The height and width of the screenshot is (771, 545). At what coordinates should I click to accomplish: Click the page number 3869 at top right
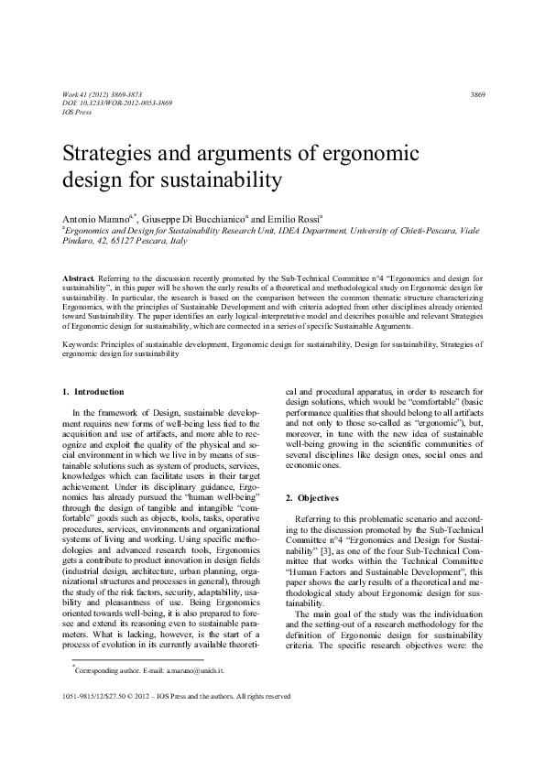click(x=476, y=95)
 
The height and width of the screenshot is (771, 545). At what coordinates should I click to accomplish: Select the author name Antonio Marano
click(x=94, y=221)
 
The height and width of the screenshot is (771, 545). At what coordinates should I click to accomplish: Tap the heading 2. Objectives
click(x=313, y=497)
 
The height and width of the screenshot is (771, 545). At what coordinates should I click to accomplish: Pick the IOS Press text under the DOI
click(x=78, y=112)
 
